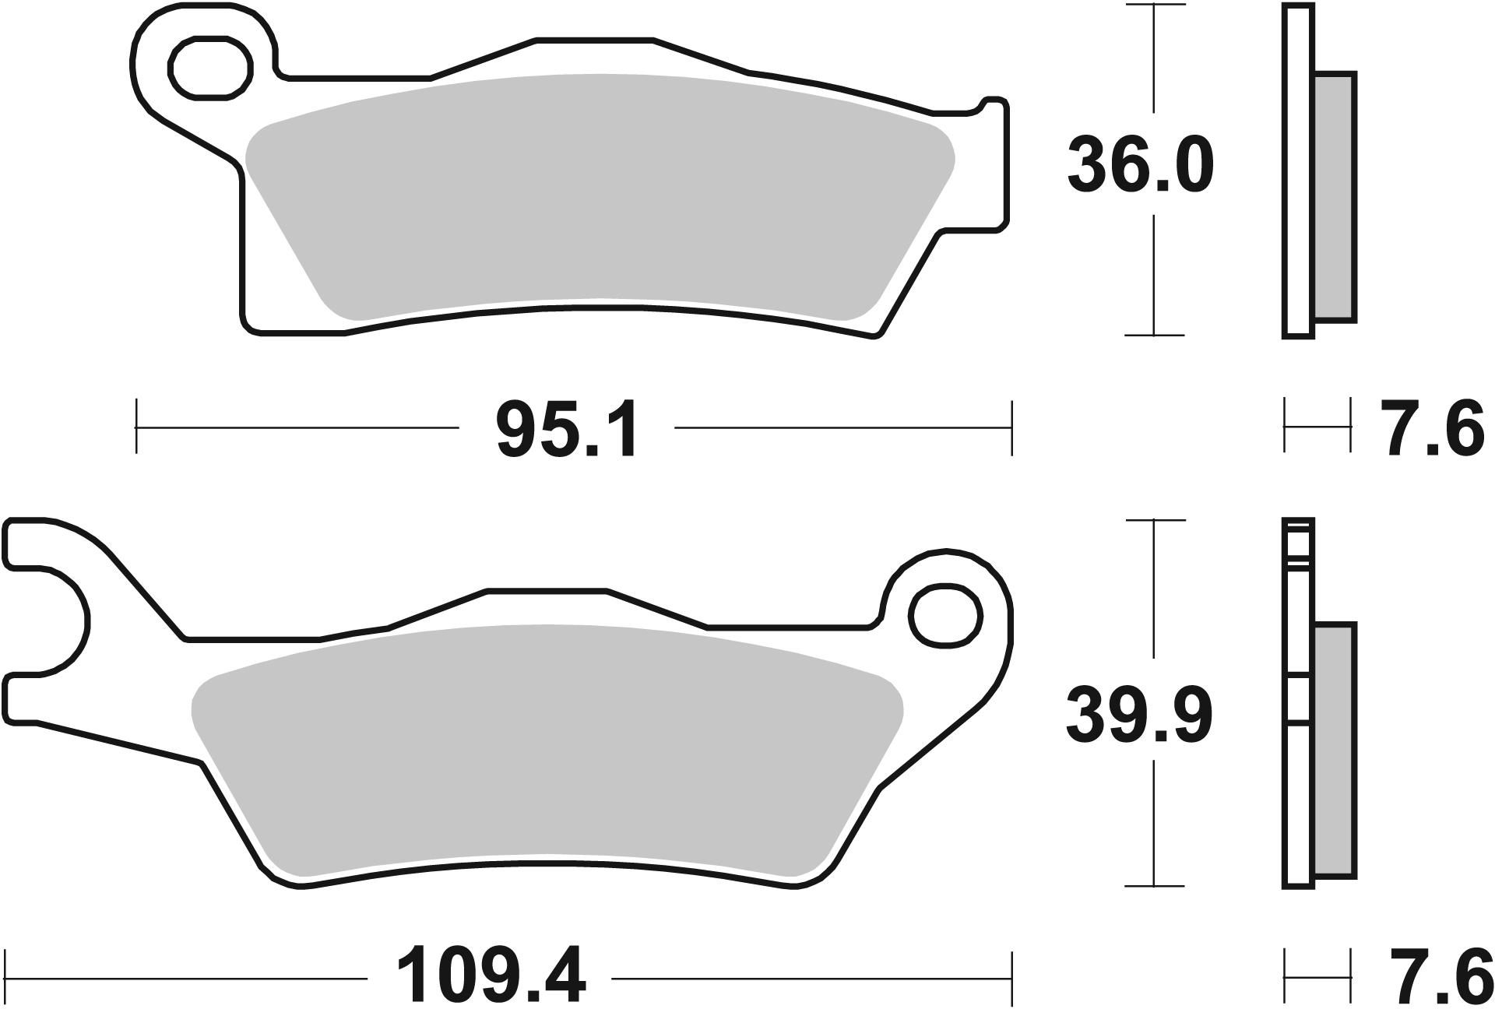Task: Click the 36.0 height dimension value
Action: click(1140, 165)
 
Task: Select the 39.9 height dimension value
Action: click(1140, 715)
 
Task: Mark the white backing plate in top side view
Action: click(1297, 171)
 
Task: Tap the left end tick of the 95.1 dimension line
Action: click(137, 427)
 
